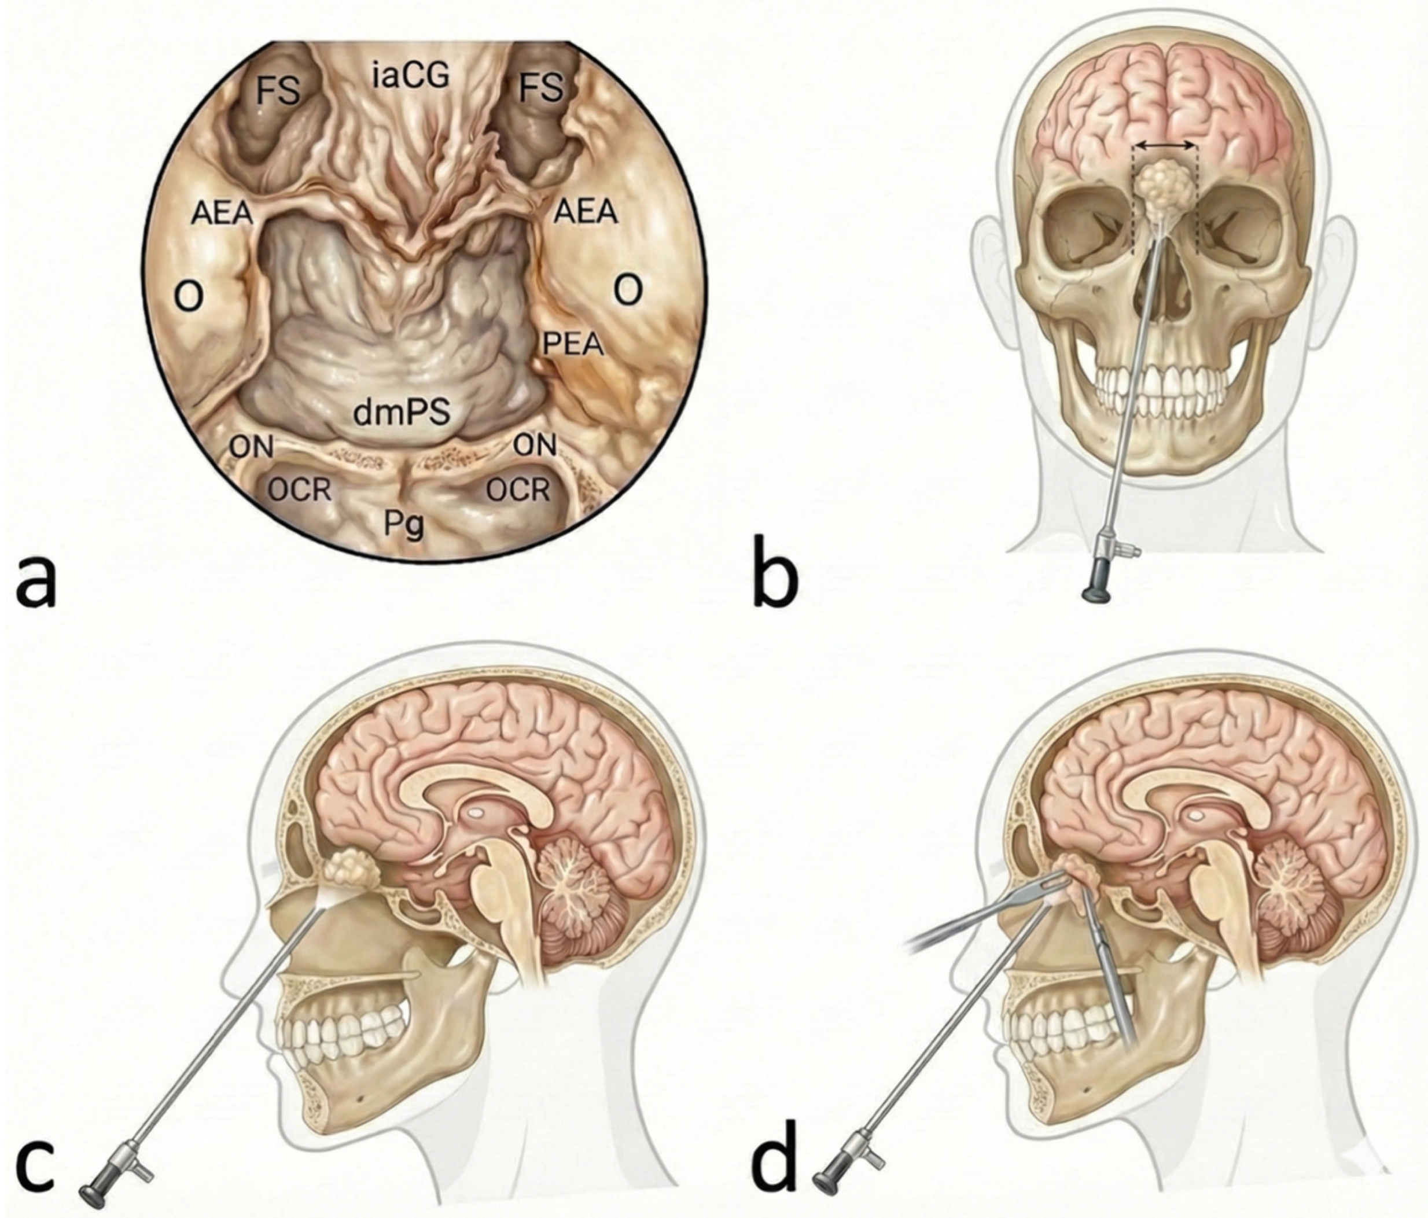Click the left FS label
(x=278, y=89)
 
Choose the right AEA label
(x=584, y=212)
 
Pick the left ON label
(x=252, y=447)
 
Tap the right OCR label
(x=518, y=490)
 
